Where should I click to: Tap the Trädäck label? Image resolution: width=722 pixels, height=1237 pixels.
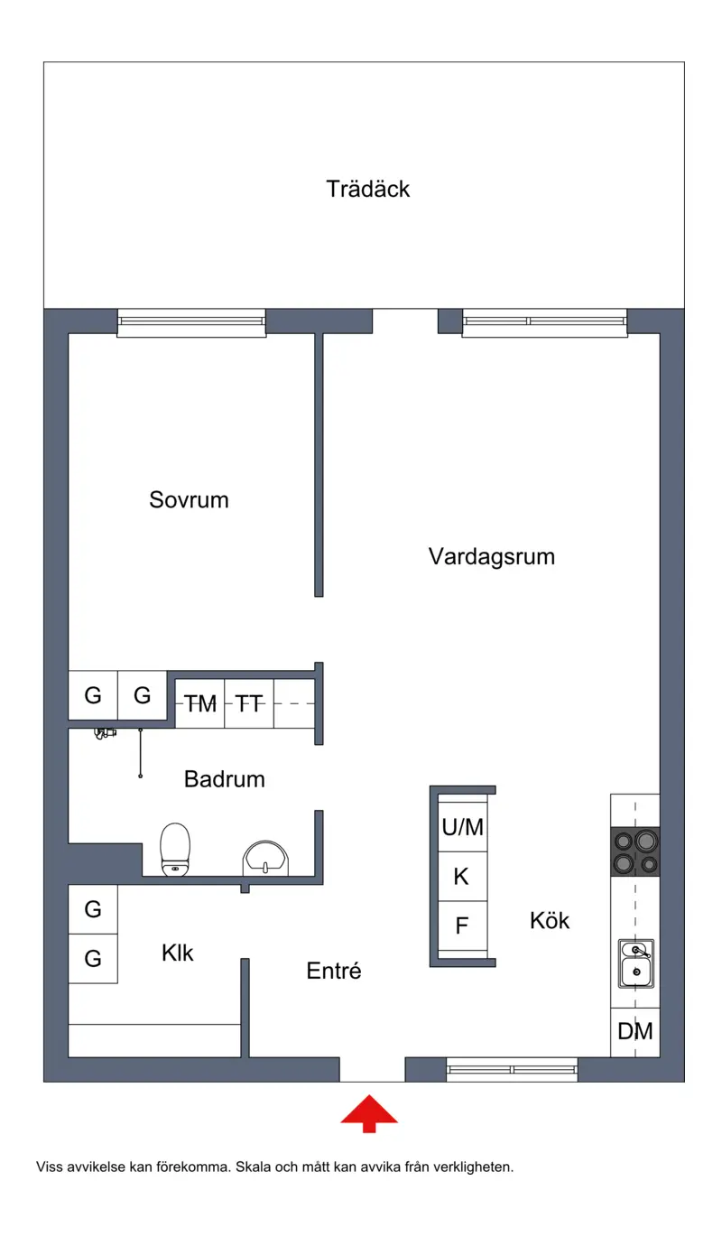pos(367,189)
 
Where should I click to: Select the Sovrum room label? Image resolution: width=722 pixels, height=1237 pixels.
pos(189,500)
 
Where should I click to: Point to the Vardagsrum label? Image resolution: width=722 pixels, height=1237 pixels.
pos(491,557)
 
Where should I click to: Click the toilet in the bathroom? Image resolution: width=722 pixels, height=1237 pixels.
pos(175,850)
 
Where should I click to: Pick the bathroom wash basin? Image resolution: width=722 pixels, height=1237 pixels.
pos(265,859)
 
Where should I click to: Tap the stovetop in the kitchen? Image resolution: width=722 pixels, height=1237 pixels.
pos(634,851)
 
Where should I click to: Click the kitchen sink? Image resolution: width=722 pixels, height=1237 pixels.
pos(636,963)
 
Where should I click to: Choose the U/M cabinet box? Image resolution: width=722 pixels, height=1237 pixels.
pos(463,827)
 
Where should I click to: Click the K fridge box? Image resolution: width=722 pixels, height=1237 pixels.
pos(463,877)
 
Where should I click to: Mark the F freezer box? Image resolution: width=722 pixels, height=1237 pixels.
pos(463,925)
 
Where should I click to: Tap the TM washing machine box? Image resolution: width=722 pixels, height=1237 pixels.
pos(199,703)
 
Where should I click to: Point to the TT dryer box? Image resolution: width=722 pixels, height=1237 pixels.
pos(249,703)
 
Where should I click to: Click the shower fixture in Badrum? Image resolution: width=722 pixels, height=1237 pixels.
pos(105,733)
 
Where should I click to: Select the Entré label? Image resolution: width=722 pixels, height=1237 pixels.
pos(333,971)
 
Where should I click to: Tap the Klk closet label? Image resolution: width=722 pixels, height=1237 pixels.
pos(178,953)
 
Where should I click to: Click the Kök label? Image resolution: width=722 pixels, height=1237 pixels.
pos(550,921)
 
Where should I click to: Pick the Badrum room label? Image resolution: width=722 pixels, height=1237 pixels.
pos(224,779)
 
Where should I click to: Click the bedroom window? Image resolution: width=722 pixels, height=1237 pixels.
pos(191,322)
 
